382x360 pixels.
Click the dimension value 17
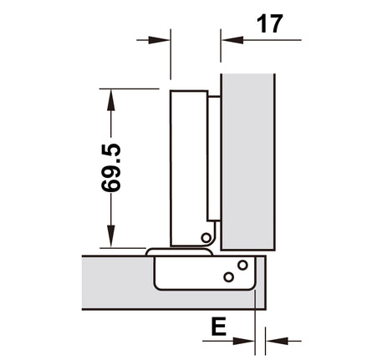tap(270, 24)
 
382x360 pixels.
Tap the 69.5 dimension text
tap(111, 168)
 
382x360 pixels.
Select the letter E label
tap(219, 327)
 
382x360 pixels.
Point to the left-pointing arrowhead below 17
tap(233, 40)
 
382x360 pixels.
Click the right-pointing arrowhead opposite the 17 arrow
tap(159, 40)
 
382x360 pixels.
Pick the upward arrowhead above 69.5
tap(111, 100)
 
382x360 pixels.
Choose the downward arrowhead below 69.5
tap(111, 236)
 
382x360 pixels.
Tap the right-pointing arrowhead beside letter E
tap(243, 341)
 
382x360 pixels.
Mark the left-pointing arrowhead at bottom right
tap(277, 341)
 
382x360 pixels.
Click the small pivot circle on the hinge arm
tap(206, 238)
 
